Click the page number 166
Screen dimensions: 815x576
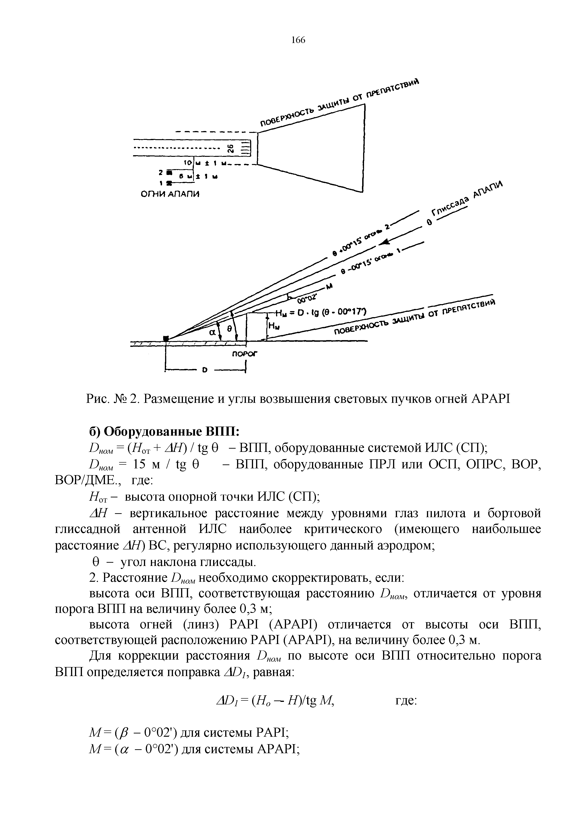pyautogui.click(x=298, y=40)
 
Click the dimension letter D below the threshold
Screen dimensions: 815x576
pyautogui.click(x=204, y=371)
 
